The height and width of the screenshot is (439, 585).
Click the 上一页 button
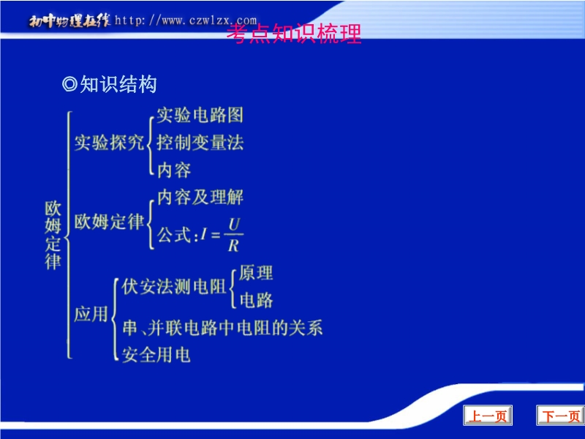pyautogui.click(x=488, y=415)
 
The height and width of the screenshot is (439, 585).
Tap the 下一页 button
pyautogui.click(x=560, y=415)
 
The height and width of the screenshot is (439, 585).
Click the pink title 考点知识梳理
pyautogui.click(x=294, y=34)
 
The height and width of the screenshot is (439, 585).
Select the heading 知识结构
pyautogui.click(x=118, y=84)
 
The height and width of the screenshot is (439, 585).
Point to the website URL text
pyautogui.click(x=186, y=20)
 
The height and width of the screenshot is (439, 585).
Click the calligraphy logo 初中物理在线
pyautogui.click(x=69, y=20)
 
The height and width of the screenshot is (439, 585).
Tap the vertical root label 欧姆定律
pyautogui.click(x=53, y=235)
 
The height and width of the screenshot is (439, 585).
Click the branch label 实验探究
pyautogui.click(x=109, y=143)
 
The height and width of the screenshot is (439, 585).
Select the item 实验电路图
pyautogui.click(x=200, y=115)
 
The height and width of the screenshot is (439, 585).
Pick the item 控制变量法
pyautogui.click(x=200, y=143)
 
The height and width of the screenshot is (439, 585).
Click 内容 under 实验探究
pyautogui.click(x=174, y=170)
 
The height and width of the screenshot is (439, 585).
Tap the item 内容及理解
pyautogui.click(x=200, y=197)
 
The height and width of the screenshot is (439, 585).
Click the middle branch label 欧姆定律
pyautogui.click(x=109, y=222)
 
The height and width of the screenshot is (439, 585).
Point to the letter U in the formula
pyautogui.click(x=234, y=225)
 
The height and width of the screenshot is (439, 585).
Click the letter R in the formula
pyautogui.click(x=233, y=246)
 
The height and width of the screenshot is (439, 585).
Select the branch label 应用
pyautogui.click(x=91, y=314)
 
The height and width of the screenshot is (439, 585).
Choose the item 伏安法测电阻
pyautogui.click(x=174, y=287)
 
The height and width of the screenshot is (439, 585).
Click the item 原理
pyautogui.click(x=256, y=273)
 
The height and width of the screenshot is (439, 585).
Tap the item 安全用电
pyautogui.click(x=156, y=355)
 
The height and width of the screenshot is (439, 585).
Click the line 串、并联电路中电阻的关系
pyautogui.click(x=222, y=328)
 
